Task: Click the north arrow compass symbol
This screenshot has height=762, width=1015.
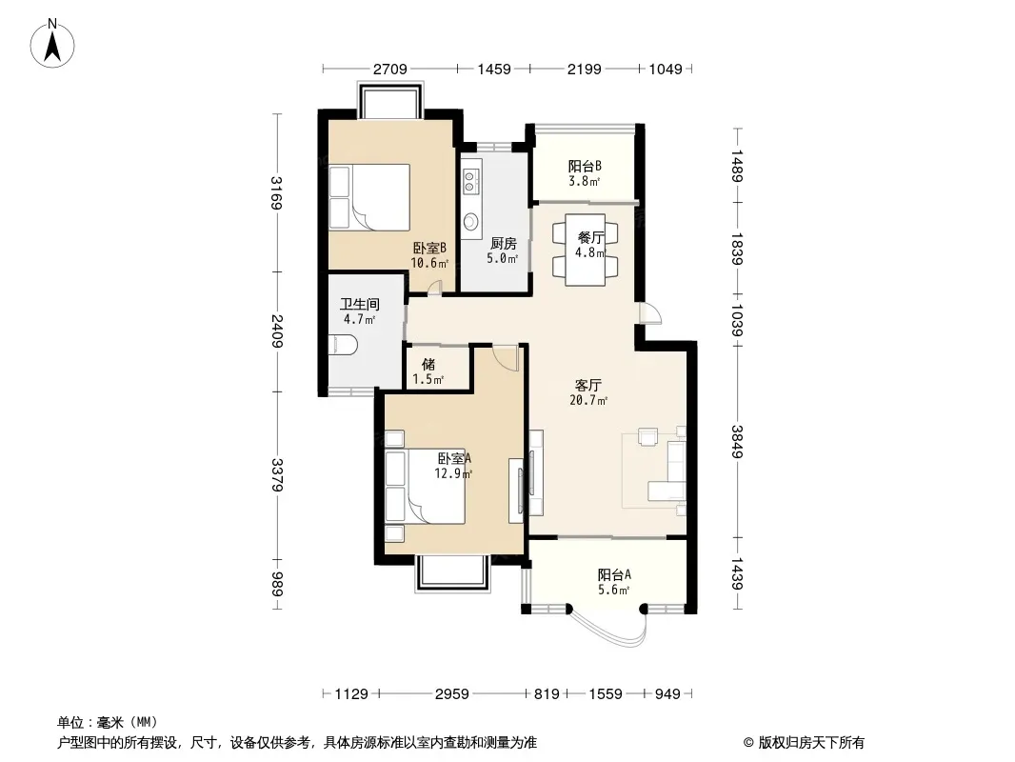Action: click(x=52, y=43)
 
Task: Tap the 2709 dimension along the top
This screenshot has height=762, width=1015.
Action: click(x=390, y=69)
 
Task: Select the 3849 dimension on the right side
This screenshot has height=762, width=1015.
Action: click(x=737, y=441)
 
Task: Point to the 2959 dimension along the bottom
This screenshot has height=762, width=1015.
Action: click(x=452, y=694)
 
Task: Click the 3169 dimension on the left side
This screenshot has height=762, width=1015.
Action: click(x=276, y=193)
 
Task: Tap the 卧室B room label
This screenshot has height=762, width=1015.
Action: click(x=429, y=248)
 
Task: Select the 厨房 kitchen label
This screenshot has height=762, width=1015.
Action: click(x=503, y=244)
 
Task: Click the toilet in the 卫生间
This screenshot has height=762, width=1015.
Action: click(x=343, y=345)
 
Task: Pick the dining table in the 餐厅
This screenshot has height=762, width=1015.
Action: click(x=586, y=250)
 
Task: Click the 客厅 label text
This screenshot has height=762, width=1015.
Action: click(x=588, y=385)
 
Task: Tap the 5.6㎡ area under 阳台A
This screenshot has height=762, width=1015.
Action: click(x=614, y=590)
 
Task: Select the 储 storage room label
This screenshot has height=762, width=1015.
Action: click(x=428, y=365)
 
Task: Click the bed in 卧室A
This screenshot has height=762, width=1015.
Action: click(x=425, y=486)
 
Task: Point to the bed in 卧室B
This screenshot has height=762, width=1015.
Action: click(x=369, y=197)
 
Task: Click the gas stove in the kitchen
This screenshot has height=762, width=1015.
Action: click(x=470, y=177)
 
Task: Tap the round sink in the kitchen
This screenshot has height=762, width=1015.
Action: click(x=470, y=221)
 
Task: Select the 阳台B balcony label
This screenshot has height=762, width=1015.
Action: click(x=586, y=166)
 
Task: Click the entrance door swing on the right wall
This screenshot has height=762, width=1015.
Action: click(x=649, y=313)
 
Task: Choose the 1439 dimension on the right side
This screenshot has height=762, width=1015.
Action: click(x=737, y=573)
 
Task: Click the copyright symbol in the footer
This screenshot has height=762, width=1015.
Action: click(x=748, y=743)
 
